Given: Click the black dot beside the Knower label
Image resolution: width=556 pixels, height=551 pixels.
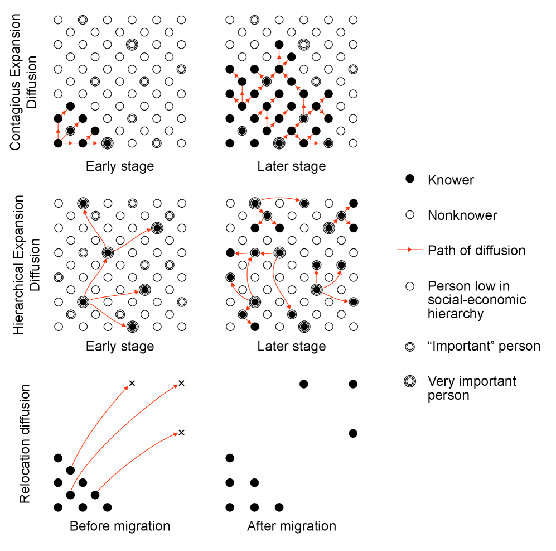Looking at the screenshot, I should (x=410, y=179).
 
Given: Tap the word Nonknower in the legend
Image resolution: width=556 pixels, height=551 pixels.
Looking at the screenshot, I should (x=462, y=215).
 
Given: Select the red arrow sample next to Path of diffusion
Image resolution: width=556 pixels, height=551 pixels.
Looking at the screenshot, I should (x=410, y=250).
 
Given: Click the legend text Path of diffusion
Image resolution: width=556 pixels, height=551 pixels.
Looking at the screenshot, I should (x=476, y=250).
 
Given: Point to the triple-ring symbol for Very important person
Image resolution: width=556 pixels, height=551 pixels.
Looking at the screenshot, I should (x=410, y=381).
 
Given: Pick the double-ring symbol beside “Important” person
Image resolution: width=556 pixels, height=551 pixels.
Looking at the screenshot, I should (x=410, y=346).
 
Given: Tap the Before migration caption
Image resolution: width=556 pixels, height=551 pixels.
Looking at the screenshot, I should (x=119, y=526).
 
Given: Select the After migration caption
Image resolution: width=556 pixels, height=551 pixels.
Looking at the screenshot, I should (x=291, y=526).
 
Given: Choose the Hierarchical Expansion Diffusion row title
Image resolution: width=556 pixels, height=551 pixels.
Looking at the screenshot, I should (x=25, y=264).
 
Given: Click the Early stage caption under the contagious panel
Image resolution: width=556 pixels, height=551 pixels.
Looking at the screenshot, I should (x=119, y=166).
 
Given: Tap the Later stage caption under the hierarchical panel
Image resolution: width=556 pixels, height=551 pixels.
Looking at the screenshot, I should (x=291, y=347).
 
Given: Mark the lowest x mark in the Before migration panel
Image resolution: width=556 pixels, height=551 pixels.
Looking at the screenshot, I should (x=181, y=433).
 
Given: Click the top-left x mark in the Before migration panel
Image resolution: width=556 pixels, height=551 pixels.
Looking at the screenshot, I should (x=132, y=383).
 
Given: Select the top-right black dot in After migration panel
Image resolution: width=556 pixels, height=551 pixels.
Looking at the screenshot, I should (x=352, y=384).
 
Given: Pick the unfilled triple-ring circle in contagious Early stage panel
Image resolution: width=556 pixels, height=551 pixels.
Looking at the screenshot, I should (x=132, y=44).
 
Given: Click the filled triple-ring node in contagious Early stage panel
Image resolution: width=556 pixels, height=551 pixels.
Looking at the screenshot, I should (x=107, y=143).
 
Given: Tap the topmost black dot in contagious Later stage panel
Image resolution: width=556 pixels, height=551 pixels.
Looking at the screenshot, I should (x=279, y=44).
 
